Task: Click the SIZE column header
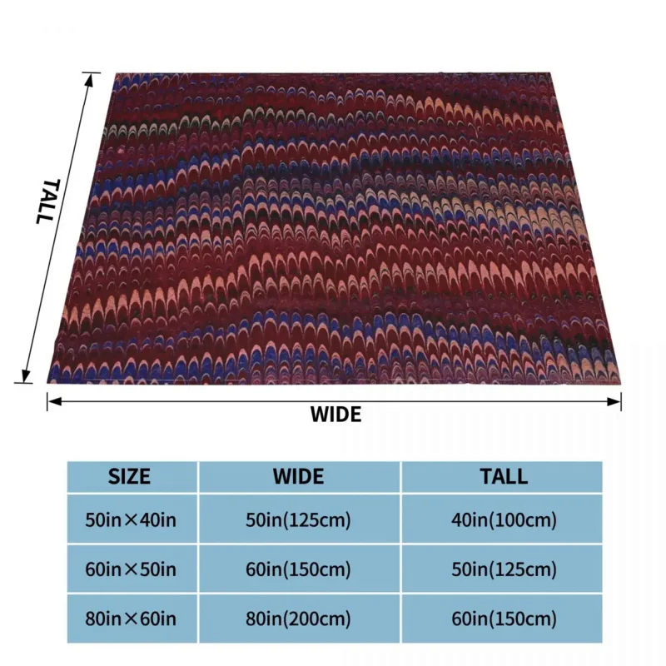(x=130, y=477)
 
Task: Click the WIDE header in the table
(x=299, y=477)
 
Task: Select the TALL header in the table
(x=504, y=477)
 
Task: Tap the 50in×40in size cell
(x=130, y=522)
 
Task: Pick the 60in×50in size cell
(x=130, y=570)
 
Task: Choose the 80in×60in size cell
(x=130, y=619)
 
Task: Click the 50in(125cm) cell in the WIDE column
(x=299, y=522)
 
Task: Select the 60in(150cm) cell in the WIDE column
(x=299, y=570)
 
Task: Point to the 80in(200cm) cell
(x=299, y=619)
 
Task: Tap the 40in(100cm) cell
(x=504, y=522)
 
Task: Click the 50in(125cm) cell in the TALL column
(x=504, y=570)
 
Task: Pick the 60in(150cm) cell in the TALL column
(x=504, y=619)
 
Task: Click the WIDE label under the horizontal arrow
(x=336, y=415)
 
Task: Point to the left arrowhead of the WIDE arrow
(x=52, y=402)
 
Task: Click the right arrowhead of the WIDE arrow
(x=617, y=402)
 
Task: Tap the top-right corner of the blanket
(x=552, y=73)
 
